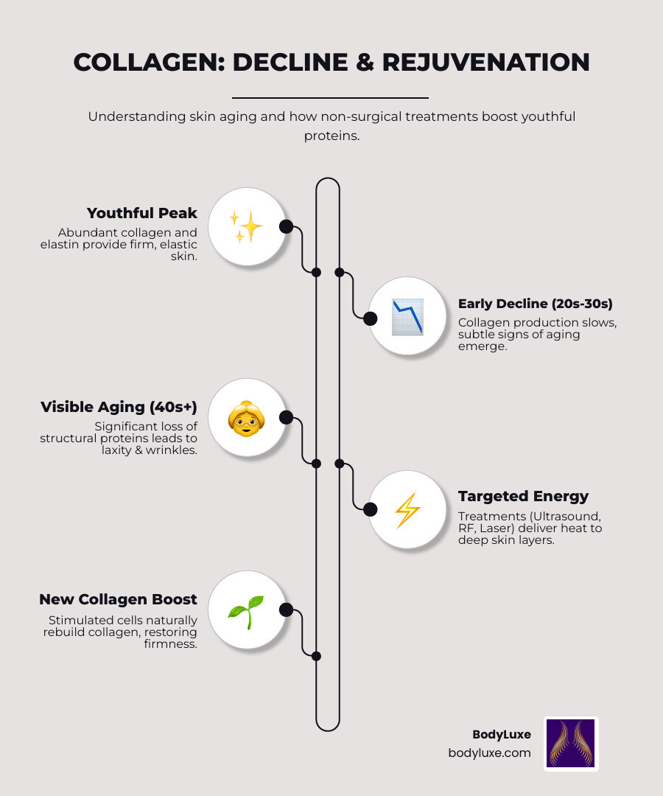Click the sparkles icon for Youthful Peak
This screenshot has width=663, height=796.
click(246, 226)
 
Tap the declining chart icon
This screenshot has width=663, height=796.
click(407, 317)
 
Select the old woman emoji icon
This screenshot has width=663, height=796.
click(246, 419)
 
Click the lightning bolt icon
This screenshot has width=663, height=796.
click(407, 510)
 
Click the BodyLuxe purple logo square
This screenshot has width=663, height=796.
click(571, 744)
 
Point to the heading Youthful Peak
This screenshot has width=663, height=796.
click(142, 213)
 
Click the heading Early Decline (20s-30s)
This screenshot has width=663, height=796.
click(536, 304)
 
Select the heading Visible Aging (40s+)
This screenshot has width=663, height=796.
click(119, 407)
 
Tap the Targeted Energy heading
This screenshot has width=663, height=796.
click(523, 496)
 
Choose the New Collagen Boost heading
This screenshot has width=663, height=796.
click(118, 599)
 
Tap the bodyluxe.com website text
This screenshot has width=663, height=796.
click(489, 753)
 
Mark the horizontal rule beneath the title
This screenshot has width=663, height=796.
click(330, 97)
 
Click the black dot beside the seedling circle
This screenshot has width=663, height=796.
click(287, 610)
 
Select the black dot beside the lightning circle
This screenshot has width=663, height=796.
click(370, 509)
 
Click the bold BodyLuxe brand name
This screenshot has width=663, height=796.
click(501, 735)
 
